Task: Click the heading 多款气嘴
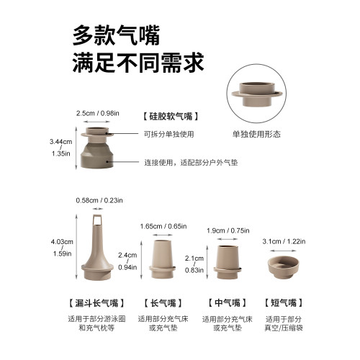(116, 35)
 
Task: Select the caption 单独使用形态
(256, 134)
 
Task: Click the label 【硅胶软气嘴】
(171, 115)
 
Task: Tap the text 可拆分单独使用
(169, 134)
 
